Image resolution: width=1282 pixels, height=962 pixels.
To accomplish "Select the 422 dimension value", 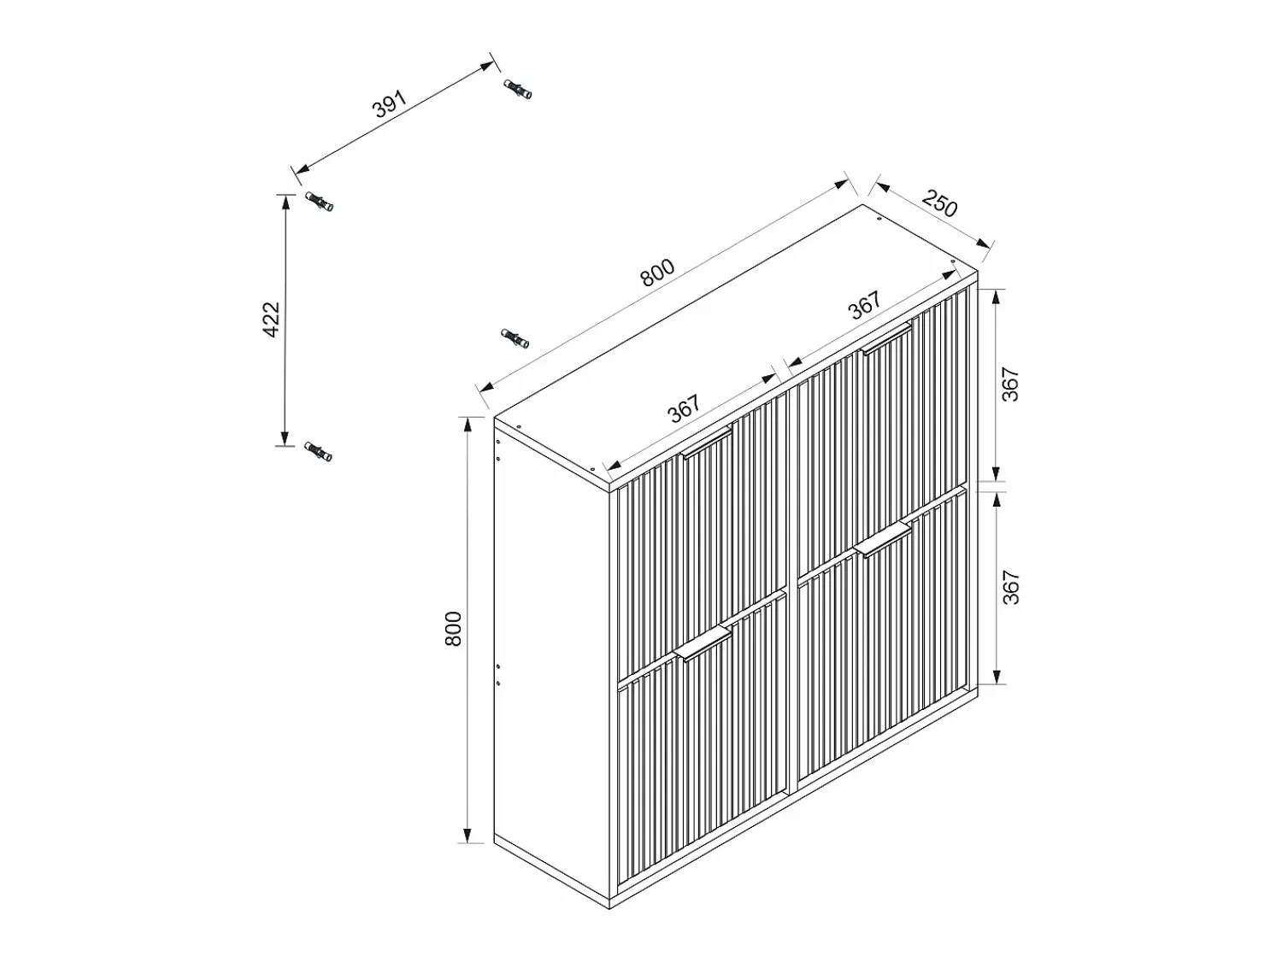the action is point(272,320).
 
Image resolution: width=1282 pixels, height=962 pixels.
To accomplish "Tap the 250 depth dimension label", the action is point(940,203).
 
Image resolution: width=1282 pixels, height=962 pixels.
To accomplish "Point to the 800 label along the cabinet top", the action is point(657,273).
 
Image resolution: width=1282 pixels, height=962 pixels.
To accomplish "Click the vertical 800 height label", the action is point(453,629).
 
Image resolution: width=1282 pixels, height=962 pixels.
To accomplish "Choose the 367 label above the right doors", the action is point(865,305).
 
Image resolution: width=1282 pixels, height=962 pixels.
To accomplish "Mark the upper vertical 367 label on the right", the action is point(1010,384).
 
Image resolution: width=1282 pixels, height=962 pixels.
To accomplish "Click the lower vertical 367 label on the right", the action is point(1010,587).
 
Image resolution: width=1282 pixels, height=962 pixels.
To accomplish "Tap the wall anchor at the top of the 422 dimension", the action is point(319,202).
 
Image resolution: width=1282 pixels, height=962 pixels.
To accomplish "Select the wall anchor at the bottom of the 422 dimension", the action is point(318,452).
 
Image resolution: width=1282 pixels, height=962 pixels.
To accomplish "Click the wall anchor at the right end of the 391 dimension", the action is point(517,89).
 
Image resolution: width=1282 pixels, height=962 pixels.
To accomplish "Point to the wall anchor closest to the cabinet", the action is point(515,338).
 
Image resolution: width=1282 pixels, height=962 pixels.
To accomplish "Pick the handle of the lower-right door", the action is point(883,540).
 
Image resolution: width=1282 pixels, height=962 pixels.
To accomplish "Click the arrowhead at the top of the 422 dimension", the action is point(285,202).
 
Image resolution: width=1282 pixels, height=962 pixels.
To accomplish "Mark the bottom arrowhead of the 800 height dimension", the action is point(468,835).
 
